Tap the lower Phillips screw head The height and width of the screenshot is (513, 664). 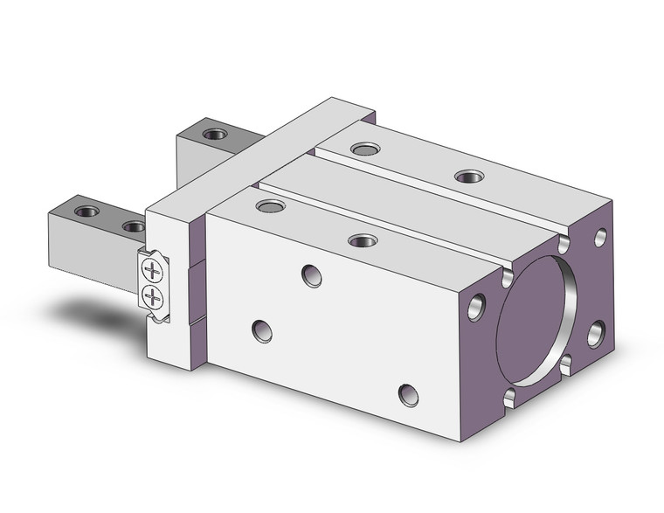coord(153,296)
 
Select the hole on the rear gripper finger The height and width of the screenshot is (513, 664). coord(213,135)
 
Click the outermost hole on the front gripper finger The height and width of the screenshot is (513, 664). coord(86,211)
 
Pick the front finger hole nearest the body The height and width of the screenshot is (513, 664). coord(134,226)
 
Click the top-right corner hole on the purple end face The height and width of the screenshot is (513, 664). coord(601,237)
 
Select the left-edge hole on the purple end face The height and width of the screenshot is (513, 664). coord(476,306)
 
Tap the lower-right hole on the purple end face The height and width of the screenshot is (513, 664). coord(596,333)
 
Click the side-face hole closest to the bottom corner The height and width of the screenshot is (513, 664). coord(408,395)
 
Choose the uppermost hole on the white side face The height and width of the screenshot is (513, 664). coord(312,276)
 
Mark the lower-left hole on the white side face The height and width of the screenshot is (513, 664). coord(261,331)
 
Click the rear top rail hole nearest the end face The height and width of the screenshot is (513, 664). coord(469,176)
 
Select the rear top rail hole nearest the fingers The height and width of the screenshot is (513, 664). coord(365,149)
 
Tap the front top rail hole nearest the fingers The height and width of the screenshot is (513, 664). coord(271,206)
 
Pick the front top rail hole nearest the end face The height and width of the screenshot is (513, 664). coord(362,240)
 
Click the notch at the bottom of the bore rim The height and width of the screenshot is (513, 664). coord(510,399)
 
